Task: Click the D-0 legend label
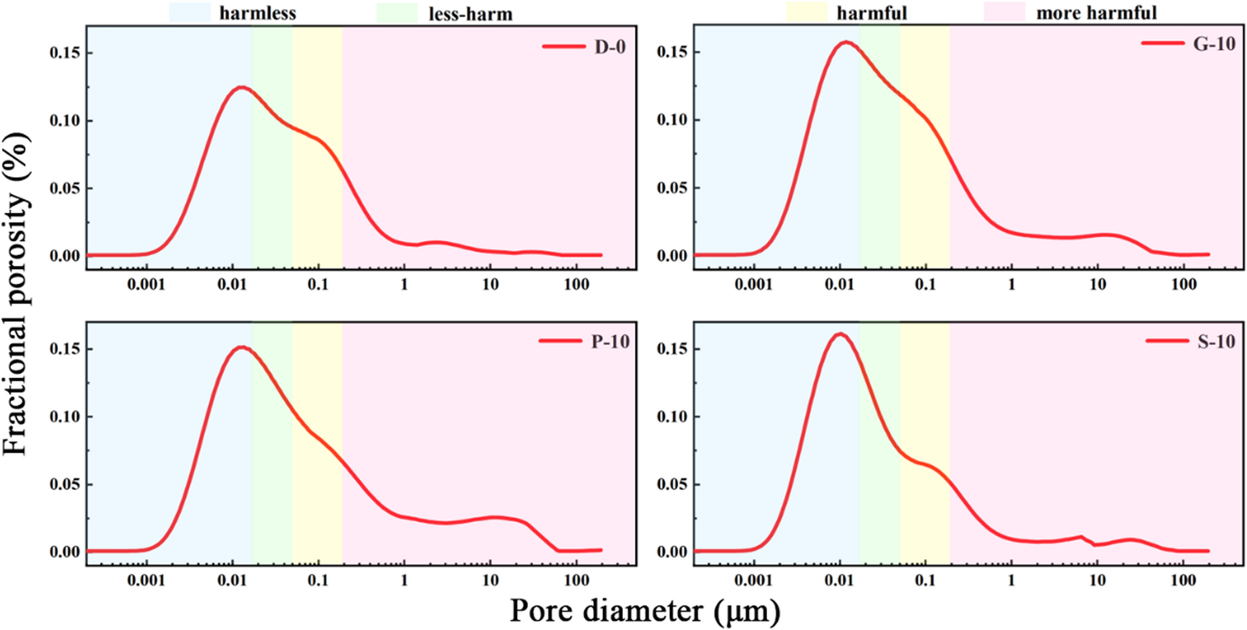coord(609,47)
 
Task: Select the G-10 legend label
coord(1214,44)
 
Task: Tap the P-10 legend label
coord(610,341)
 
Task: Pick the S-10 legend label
coord(1216,341)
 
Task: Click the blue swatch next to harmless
coord(190,12)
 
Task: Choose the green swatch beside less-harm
coord(397,13)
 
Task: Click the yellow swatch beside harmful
coord(807,12)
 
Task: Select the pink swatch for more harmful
coord(1004,12)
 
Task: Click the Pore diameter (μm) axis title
coord(645,611)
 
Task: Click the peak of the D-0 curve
coord(241,87)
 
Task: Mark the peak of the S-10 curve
coord(840,334)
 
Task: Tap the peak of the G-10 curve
coord(846,42)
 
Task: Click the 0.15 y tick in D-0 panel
coord(64,53)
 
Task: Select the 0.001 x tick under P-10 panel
coord(146,580)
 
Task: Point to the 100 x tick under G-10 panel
coord(1183,285)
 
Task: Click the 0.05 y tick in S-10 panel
coord(671,484)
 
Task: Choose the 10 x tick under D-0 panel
coord(490,285)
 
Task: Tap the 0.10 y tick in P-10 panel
coord(64,417)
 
